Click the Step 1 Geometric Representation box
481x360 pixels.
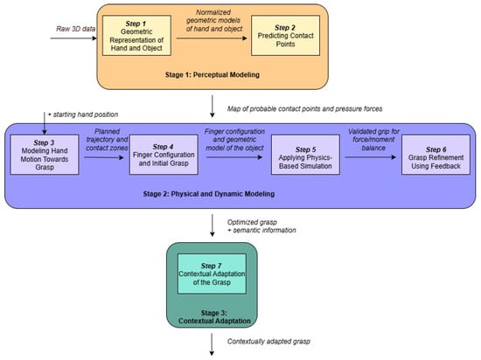136,36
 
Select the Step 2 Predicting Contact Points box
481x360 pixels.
285,36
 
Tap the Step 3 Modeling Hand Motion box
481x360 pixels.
45,155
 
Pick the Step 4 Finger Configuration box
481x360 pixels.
164,155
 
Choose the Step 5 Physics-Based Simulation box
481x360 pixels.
305,155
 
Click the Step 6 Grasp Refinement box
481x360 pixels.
436,155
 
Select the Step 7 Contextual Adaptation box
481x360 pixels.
212,273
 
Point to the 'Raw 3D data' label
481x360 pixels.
75,29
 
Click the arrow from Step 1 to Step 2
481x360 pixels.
212,38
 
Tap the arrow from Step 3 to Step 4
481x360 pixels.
104,157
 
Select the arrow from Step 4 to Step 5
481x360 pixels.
234,157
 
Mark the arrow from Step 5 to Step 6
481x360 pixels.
371,157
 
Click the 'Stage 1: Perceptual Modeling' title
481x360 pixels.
213,75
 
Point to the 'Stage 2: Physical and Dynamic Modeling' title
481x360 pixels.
209,194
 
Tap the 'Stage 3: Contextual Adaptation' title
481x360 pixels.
214,317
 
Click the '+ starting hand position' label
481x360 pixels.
83,114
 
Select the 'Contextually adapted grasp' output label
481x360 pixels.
268,342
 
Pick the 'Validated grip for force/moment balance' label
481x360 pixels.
373,140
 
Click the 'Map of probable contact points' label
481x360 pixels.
304,108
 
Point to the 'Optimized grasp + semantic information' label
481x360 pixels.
261,226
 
